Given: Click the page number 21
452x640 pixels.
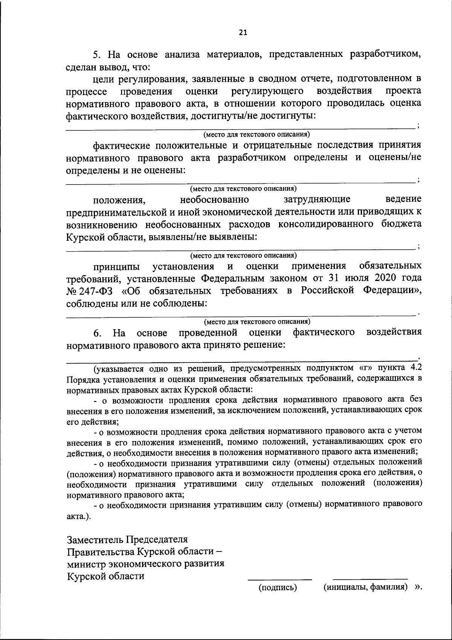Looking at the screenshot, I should [243, 32].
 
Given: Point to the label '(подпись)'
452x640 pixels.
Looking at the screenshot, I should [278, 587].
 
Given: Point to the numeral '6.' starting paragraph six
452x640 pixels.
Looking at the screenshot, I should [97, 333].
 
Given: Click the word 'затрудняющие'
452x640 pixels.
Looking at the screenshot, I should [317, 199].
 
